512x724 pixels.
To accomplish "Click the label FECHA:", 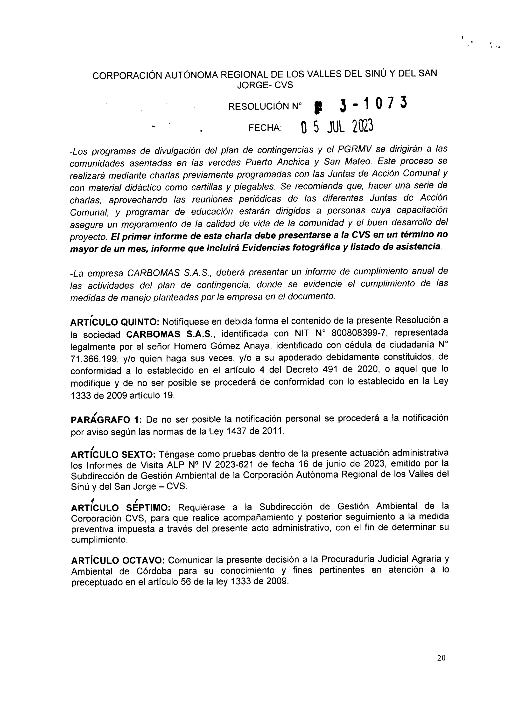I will point(265,128).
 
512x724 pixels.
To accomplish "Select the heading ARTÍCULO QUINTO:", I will point(115,322).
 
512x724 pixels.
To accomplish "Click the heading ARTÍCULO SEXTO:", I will point(113,455).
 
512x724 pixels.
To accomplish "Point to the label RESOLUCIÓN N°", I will point(265,107).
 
